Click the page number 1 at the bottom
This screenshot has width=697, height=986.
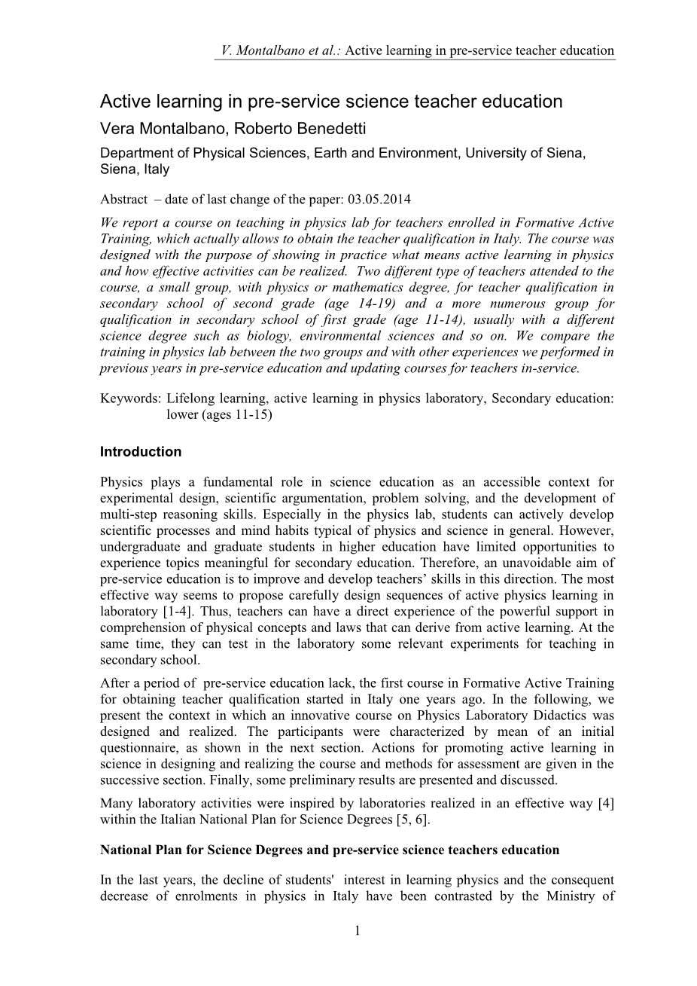358,932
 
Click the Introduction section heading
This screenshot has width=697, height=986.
141,452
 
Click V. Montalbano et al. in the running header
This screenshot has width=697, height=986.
278,51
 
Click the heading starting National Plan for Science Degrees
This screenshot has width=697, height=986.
330,850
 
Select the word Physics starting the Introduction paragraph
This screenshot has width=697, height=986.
121,482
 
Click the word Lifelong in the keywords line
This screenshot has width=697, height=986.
190,399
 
